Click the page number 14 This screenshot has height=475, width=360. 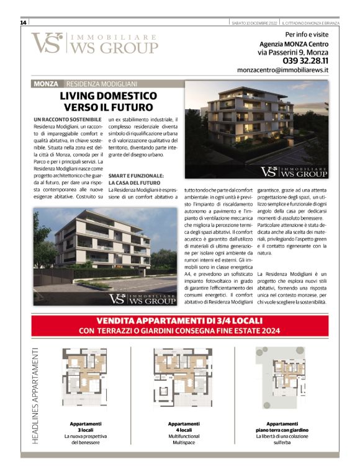(x=23, y=22)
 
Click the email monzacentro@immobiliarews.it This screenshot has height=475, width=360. (x=282, y=71)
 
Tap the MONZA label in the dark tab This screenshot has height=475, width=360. (x=47, y=83)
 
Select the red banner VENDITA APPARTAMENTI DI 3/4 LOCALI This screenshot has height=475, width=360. (x=179, y=325)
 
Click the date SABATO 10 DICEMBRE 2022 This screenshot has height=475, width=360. (x=253, y=22)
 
